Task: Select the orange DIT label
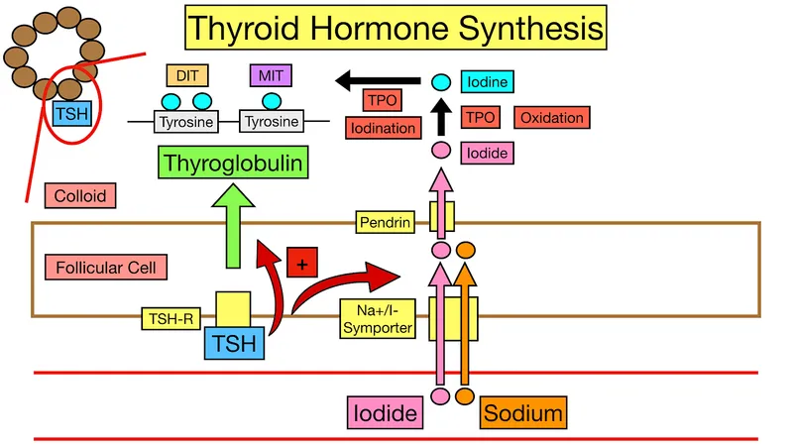(x=185, y=75)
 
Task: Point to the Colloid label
(x=80, y=196)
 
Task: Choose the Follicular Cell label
(x=106, y=267)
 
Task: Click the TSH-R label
(x=170, y=318)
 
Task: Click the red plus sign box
(x=300, y=265)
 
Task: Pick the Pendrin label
(x=386, y=222)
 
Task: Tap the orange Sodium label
(x=521, y=411)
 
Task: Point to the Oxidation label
(x=551, y=118)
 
